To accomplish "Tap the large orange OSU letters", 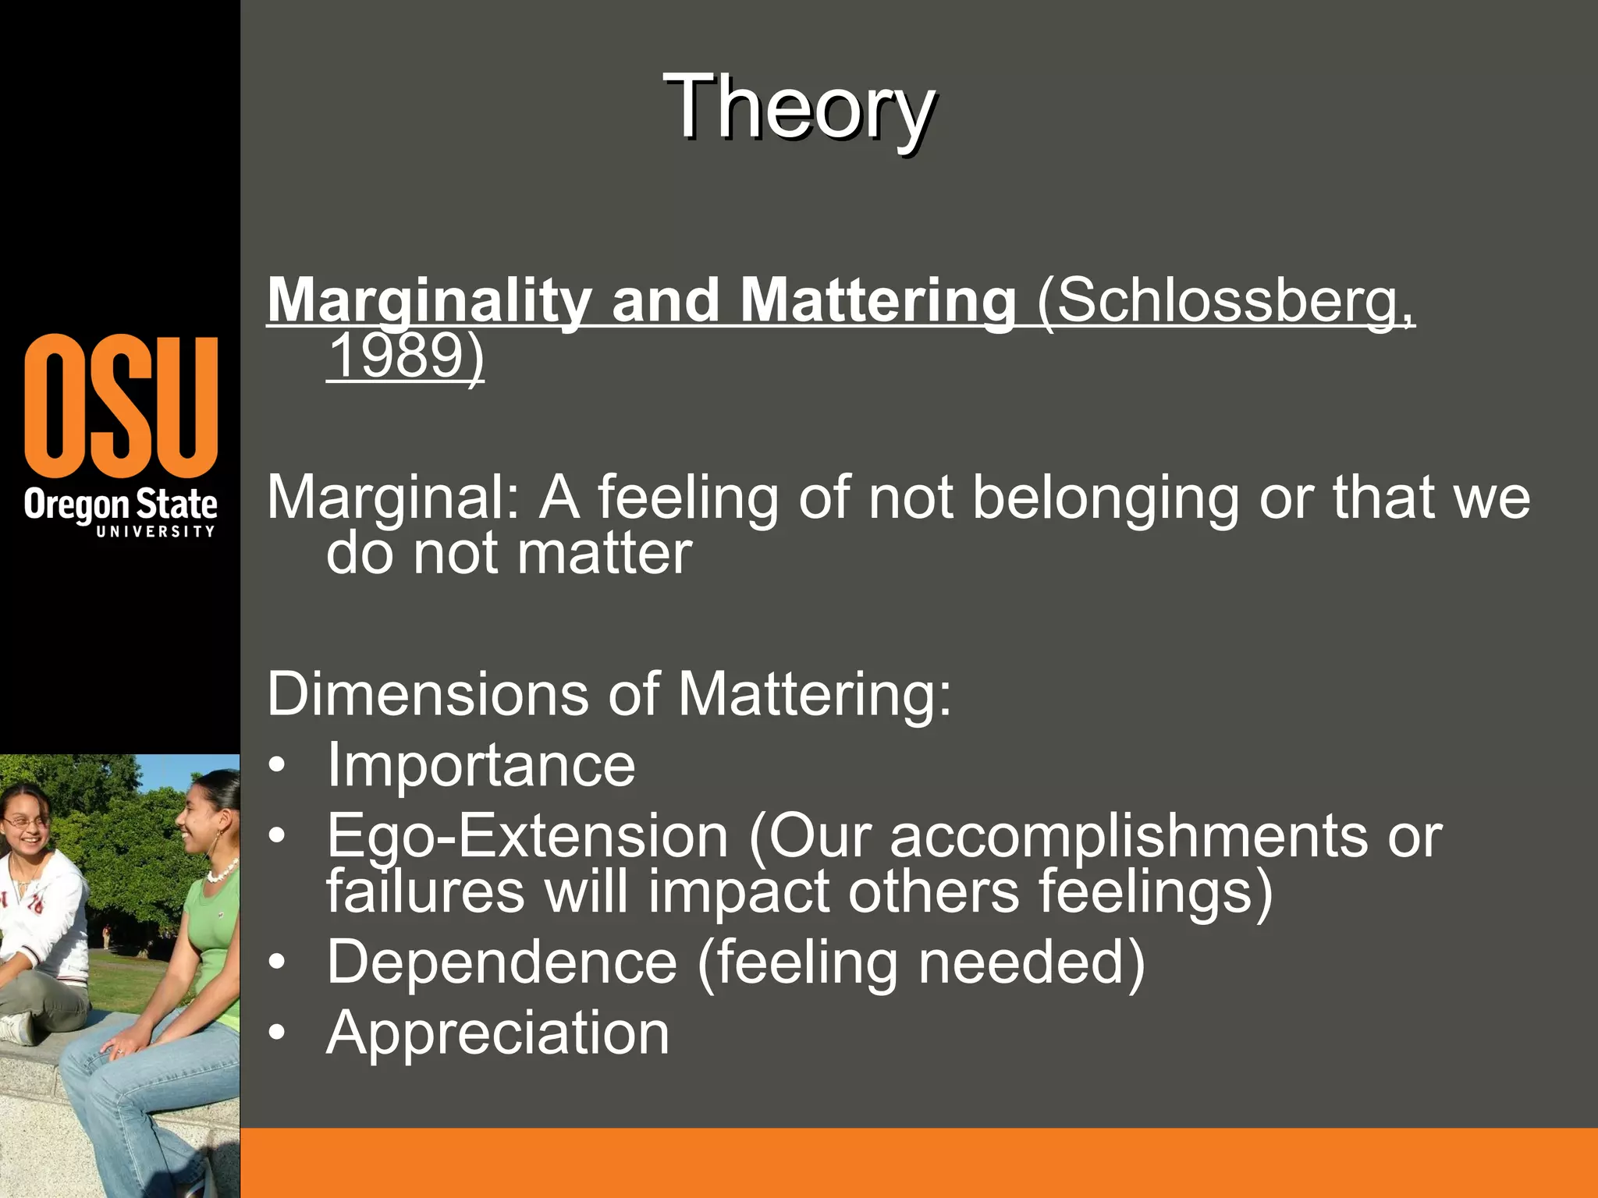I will (121, 406).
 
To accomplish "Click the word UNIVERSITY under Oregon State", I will (155, 531).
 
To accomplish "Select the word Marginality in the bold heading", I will (429, 301).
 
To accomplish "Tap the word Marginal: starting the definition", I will (393, 498).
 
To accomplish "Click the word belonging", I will (1105, 498).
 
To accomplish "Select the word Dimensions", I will (428, 693).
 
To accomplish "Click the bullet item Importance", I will (481, 765).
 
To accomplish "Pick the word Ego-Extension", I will (527, 836).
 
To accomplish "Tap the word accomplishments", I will (1128, 836).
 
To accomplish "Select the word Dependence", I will (502, 962).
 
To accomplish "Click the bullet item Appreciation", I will (498, 1033).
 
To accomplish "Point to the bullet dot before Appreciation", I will (277, 1033).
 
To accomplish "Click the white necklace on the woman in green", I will (222, 870).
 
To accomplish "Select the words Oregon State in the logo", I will (120, 504).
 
